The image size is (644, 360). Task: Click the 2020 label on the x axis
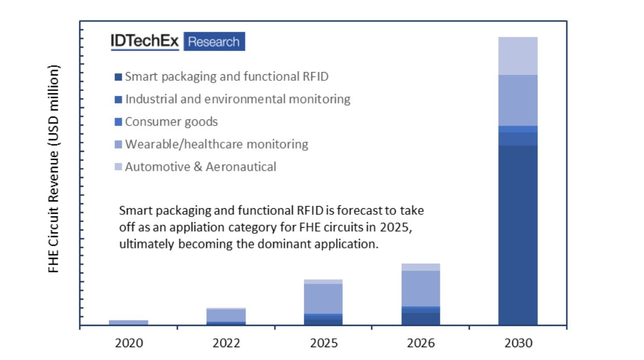coord(128,343)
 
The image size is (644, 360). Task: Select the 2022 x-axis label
coord(226,343)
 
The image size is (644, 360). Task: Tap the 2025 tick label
coord(324,343)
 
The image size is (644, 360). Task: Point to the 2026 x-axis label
coord(421,343)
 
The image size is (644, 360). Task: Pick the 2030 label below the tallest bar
coord(518,343)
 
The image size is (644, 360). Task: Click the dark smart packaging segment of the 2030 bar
coord(518,234)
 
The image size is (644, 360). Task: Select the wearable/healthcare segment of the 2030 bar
coord(518,100)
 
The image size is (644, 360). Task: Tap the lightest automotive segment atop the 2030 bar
coord(518,56)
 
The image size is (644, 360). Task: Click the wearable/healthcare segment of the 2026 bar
coord(421,288)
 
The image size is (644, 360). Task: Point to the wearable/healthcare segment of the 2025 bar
coord(324,299)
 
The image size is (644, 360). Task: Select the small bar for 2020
coord(128,323)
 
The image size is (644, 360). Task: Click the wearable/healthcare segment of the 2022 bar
coord(226,315)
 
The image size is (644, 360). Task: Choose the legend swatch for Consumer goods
coord(118,122)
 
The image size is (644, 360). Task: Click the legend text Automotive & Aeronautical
coord(200,167)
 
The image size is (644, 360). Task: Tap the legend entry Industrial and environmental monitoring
coord(238,99)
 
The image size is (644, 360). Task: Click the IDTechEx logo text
coord(145,41)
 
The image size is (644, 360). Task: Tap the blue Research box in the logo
coord(214,41)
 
